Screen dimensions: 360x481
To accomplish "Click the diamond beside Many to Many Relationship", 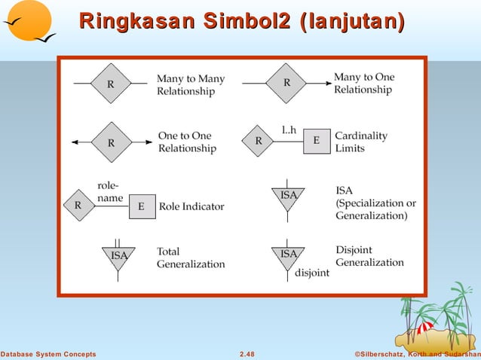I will coord(111,84).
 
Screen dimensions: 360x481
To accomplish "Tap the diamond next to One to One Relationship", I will coord(111,141).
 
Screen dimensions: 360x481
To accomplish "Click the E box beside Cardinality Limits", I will coord(317,141).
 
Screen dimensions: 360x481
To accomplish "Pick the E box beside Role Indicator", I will coord(142,206).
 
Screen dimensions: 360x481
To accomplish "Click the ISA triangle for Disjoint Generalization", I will coord(289,255).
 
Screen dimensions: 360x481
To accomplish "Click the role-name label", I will coord(110,191).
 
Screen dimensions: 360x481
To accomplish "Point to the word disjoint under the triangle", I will coord(313,273).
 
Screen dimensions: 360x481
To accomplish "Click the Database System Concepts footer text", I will coord(48,353).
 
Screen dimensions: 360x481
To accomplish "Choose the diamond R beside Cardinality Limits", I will coord(259,141).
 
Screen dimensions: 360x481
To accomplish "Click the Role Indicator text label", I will coord(191,206).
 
